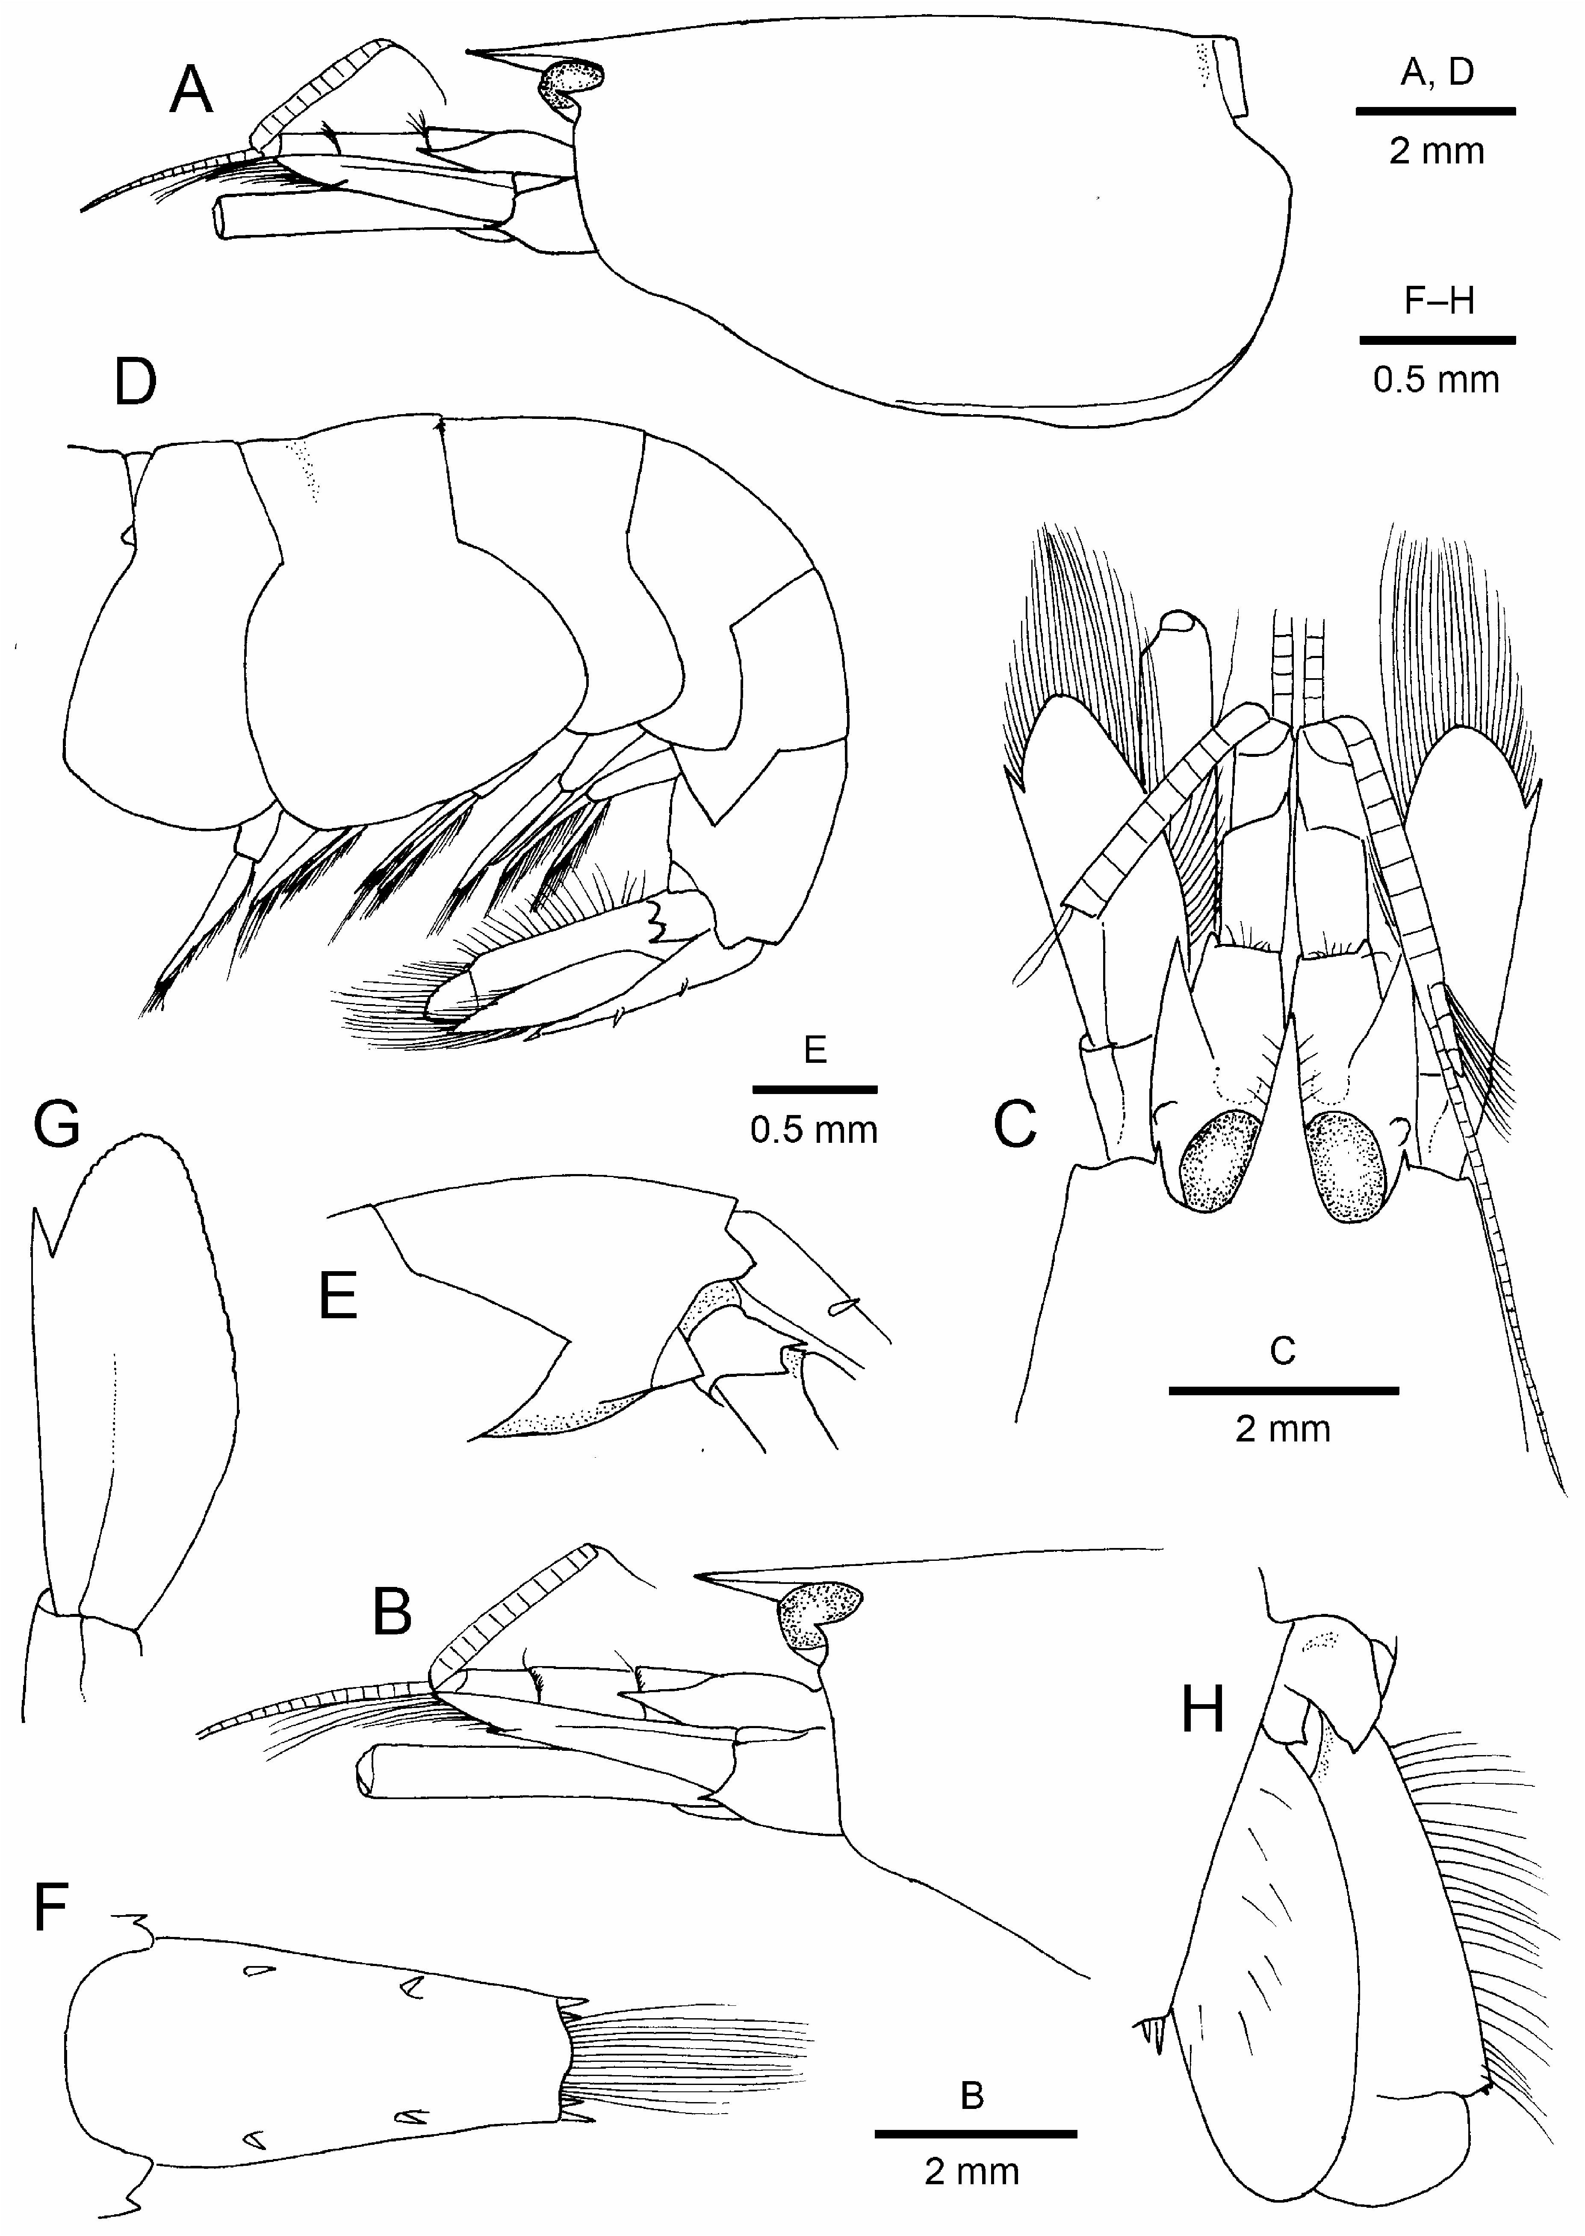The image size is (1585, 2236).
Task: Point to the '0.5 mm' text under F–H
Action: (x=1436, y=380)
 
